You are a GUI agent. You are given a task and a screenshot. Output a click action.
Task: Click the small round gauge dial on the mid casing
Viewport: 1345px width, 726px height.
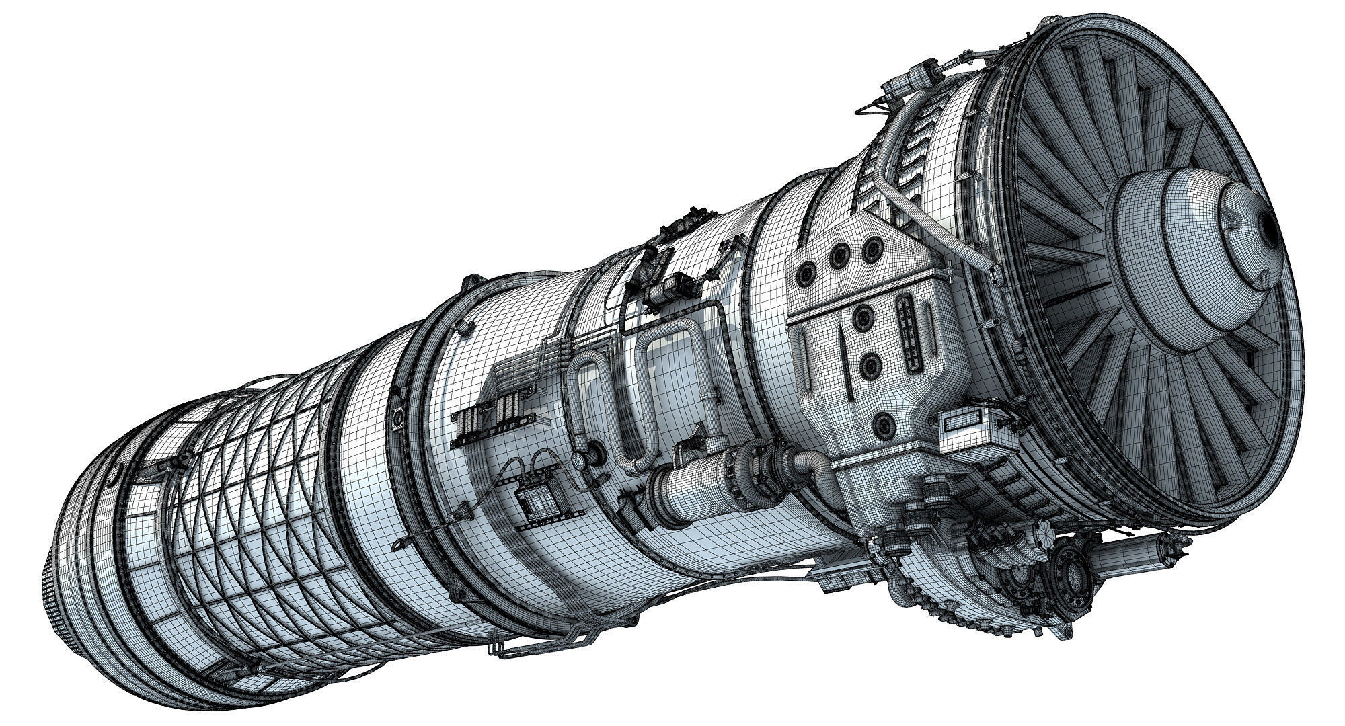(579, 458)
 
